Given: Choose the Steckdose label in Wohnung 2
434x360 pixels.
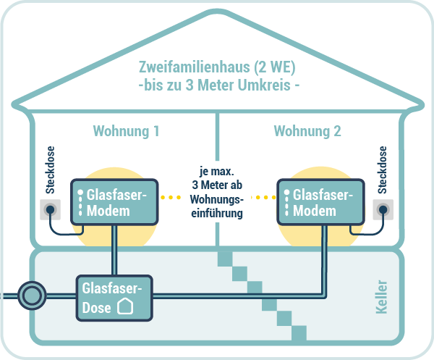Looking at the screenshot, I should tap(383, 172).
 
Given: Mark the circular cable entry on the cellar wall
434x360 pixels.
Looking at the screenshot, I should tap(31, 296).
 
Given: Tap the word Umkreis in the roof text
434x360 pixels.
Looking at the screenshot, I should tap(261, 85).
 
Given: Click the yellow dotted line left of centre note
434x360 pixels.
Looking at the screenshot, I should tap(175, 196).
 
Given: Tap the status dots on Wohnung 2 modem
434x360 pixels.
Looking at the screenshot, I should tap(287, 201).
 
